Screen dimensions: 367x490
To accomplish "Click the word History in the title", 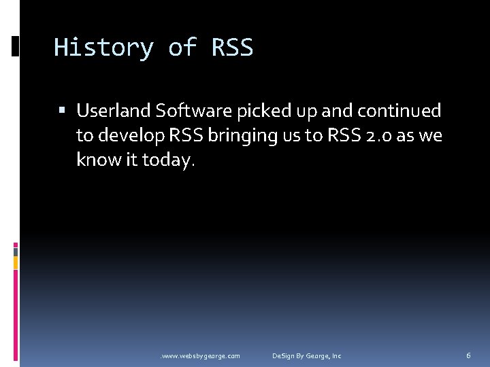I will (103, 48).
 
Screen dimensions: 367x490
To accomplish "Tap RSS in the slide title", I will (232, 48).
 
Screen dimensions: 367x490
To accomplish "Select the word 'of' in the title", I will (182, 48).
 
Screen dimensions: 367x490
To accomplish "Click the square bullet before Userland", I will (63, 111).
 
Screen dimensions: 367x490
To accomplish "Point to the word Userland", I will (114, 110).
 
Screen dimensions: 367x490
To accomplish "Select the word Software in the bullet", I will (194, 110).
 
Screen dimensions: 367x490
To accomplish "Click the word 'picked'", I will (263, 111).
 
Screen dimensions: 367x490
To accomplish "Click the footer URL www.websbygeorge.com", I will (199, 355).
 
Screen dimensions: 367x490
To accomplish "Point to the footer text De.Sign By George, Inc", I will (307, 355).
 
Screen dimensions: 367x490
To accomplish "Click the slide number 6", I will (468, 355).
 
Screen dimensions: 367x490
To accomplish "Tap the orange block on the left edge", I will (16, 262).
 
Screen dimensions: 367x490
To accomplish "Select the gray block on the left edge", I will (16, 250).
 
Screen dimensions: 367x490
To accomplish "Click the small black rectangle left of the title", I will (16, 46).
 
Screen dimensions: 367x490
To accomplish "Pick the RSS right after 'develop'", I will (183, 135).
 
